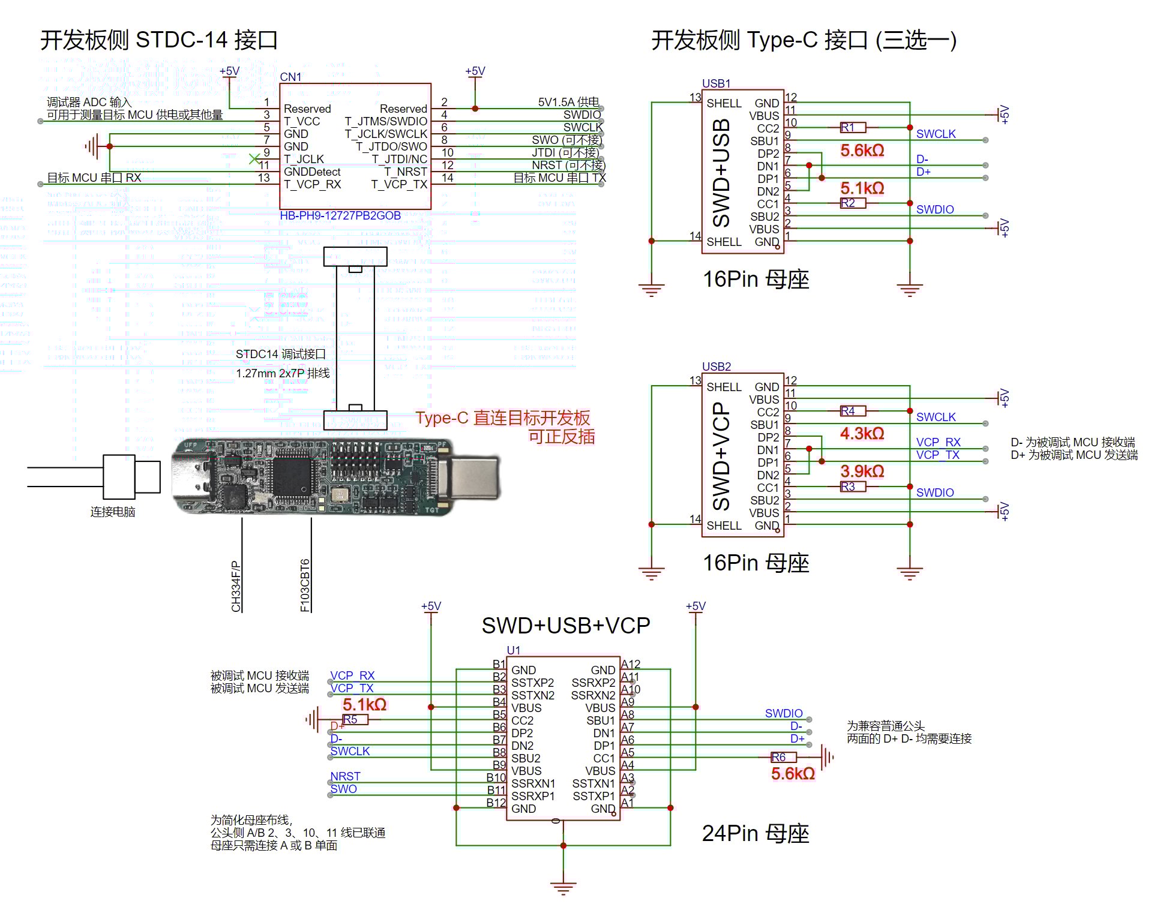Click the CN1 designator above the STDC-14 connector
coord(290,77)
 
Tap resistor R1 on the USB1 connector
coord(853,127)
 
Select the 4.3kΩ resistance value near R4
coord(862,433)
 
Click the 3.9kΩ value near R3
coord(862,471)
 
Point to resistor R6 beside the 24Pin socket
coord(783,757)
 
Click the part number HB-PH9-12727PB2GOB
coord(340,215)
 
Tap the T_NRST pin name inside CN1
coord(405,172)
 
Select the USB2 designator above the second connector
coord(716,367)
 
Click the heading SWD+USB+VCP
coord(565,626)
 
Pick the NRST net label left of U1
coord(345,776)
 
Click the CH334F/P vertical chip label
coord(236,586)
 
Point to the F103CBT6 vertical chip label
coord(305,585)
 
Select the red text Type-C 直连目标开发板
coord(502,418)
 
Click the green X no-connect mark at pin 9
coord(254,159)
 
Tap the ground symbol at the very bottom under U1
coord(563,887)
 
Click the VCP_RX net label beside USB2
coord(937,442)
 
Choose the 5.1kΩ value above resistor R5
coord(364,704)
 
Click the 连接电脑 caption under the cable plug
coord(113,512)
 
